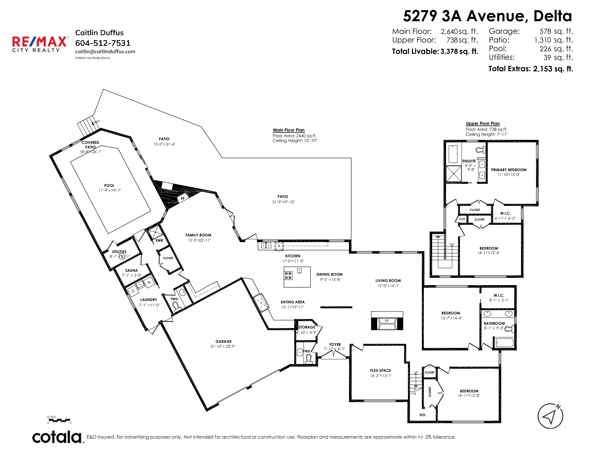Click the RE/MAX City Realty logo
tap(40, 44)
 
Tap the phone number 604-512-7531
tap(103, 43)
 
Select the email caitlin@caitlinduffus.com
tap(105, 52)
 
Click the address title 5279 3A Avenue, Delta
tap(487, 16)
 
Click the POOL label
tap(109, 185)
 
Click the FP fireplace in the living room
tap(387, 321)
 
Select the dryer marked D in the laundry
tap(133, 291)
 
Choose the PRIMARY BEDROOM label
tap(509, 170)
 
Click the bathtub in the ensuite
tap(453, 154)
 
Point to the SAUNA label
tap(131, 270)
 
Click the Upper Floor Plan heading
tap(483, 123)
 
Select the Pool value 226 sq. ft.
tap(556, 49)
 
